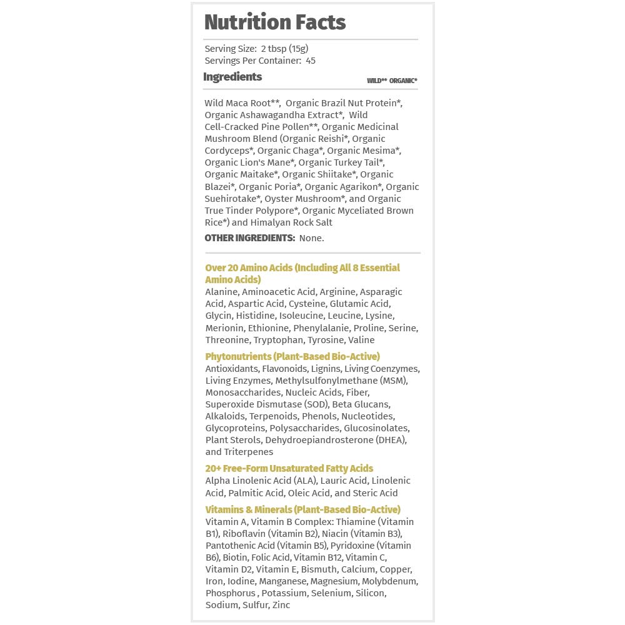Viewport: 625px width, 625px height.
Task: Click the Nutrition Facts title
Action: [275, 22]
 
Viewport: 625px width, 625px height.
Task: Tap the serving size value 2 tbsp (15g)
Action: [284, 49]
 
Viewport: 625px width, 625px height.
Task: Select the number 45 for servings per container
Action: [311, 61]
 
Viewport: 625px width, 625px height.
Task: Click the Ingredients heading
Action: [232, 77]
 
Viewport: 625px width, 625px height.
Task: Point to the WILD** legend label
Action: [376, 81]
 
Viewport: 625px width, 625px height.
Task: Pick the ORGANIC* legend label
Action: [403, 81]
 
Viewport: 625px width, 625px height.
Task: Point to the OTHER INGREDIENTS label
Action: [249, 238]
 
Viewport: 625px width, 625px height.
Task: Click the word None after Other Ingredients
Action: [311, 238]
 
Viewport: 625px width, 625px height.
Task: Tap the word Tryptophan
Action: [279, 340]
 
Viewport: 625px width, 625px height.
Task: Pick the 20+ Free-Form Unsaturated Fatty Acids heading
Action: [289, 468]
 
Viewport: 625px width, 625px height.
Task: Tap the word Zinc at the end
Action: [281, 605]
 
